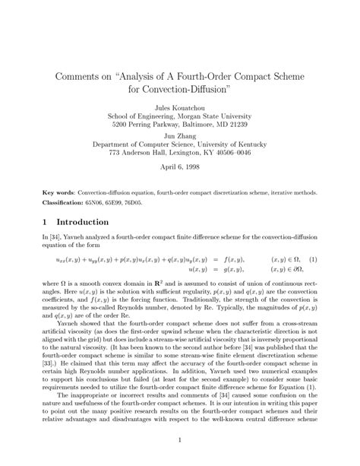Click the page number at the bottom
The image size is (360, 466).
179,439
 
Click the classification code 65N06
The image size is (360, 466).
96,201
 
